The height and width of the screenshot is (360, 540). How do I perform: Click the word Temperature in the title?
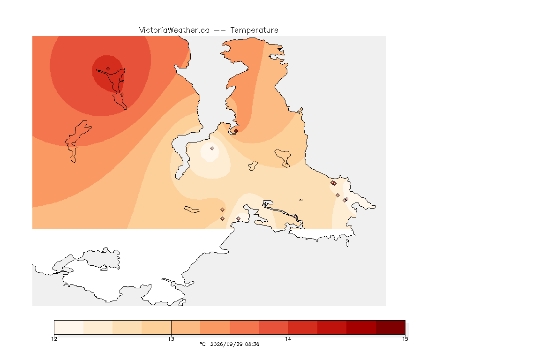pos(254,30)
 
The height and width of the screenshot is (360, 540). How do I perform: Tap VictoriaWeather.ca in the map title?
pos(174,30)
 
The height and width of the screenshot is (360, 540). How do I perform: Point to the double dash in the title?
pos(220,30)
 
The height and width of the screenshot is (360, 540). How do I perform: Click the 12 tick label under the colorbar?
pos(54,339)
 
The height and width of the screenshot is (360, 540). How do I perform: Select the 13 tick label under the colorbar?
pos(171,339)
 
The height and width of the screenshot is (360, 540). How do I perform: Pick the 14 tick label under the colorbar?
pos(288,339)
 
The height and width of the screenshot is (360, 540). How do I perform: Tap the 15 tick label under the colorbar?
pos(405,339)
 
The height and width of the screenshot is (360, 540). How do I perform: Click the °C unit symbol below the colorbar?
pos(202,344)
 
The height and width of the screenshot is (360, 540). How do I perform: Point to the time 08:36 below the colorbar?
pos(252,344)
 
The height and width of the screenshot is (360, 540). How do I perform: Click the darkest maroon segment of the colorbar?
pos(390,327)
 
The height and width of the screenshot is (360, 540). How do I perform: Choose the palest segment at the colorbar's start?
pos(69,327)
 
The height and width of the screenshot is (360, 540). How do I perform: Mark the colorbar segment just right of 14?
pos(303,327)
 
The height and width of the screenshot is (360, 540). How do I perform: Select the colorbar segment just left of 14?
pos(273,327)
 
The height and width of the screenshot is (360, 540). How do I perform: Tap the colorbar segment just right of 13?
pos(186,327)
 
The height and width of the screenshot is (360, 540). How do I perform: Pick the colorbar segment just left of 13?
pos(157,327)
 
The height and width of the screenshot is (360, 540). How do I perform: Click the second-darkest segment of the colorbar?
pos(361,327)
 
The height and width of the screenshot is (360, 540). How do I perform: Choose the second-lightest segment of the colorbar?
pos(98,327)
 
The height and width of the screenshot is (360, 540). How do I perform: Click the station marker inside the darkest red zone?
pos(108,69)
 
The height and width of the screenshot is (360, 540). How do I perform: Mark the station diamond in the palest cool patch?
pos(212,149)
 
